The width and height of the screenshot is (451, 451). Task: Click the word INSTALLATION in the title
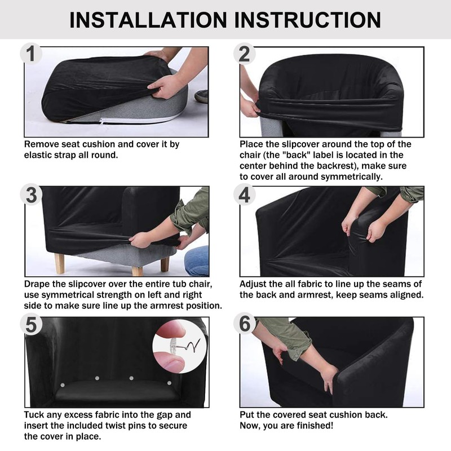[x=148, y=20]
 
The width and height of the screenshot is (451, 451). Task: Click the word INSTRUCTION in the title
[x=308, y=20]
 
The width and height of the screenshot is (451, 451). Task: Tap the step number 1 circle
[x=31, y=54]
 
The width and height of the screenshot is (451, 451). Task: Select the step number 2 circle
[x=245, y=54]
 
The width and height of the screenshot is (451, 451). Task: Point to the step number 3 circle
[x=31, y=194]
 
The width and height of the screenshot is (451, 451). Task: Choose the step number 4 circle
[x=245, y=194]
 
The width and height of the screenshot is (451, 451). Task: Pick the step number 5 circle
[x=31, y=325]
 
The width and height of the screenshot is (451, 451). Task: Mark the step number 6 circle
[x=245, y=325]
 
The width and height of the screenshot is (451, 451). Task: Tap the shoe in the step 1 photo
[x=202, y=96]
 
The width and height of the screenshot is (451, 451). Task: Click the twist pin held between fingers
[x=184, y=345]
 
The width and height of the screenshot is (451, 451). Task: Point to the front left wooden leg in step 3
[x=60, y=263]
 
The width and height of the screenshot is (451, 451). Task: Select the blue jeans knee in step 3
[x=197, y=260]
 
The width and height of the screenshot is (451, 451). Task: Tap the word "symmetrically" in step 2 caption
[x=351, y=177]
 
